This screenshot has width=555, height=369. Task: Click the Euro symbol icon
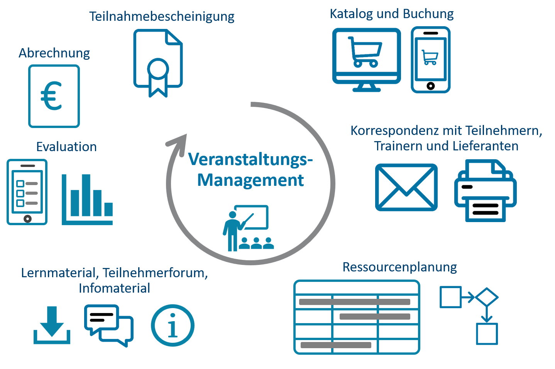coord(54,96)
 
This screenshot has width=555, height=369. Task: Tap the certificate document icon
coord(158,63)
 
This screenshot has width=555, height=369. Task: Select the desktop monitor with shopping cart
coord(366,60)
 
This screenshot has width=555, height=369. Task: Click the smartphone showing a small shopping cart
coord(431,60)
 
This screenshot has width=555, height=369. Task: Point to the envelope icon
coord(406,187)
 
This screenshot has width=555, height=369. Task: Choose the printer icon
coord(486,190)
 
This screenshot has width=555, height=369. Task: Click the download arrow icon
coord(52,325)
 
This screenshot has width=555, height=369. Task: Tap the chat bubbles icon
coord(109,326)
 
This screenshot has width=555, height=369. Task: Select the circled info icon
coord(173,325)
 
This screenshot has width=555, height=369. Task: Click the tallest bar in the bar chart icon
coord(86,195)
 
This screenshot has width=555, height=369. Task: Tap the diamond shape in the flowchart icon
coord(487,297)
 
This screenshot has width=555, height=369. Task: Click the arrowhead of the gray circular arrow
coord(179,144)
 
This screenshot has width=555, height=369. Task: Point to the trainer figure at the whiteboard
coord(234,231)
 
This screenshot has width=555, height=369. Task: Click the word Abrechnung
coord(54,53)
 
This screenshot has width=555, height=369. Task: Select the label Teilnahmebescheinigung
coord(162,17)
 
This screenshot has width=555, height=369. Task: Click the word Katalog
coord(351,14)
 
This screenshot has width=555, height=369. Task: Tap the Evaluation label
coord(66,147)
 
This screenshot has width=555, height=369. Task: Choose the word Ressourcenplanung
coord(399,267)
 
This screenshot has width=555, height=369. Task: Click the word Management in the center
coord(250,180)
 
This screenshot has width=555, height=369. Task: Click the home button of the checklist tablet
coord(27,219)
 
